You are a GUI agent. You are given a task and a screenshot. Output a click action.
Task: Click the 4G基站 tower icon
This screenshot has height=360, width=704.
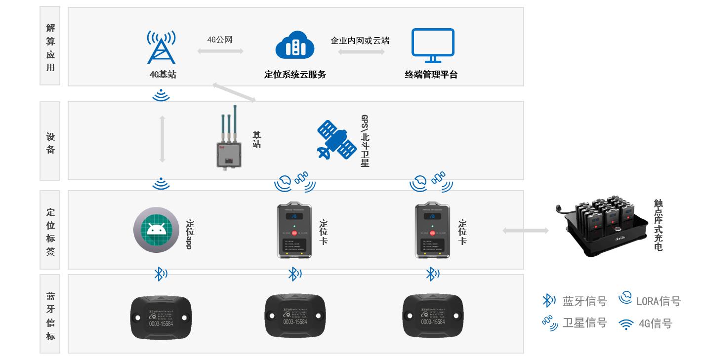point(162,47)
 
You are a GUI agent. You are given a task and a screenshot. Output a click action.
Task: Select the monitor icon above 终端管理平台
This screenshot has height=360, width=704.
point(433,45)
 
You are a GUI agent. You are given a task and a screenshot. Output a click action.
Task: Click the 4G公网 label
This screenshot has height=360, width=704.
point(220,40)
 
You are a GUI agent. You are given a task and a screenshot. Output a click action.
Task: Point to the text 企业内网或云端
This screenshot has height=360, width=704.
point(360,40)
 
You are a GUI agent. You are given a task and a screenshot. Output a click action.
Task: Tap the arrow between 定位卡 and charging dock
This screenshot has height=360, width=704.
point(525,230)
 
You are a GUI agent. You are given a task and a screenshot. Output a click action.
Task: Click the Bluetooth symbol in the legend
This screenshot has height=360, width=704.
point(549,300)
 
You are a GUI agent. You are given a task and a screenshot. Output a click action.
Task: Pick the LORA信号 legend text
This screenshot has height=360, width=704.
point(658,301)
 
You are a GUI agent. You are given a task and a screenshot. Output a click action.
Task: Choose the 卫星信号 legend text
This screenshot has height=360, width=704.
point(584,323)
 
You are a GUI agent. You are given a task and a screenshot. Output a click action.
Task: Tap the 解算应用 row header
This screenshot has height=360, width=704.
point(50,47)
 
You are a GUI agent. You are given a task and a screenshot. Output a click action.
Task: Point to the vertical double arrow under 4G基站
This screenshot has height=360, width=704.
point(162,139)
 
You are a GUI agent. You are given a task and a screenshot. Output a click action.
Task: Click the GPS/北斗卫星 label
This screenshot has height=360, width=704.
point(365,141)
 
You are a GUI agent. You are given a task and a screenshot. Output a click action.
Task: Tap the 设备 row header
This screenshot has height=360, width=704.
point(50,143)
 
